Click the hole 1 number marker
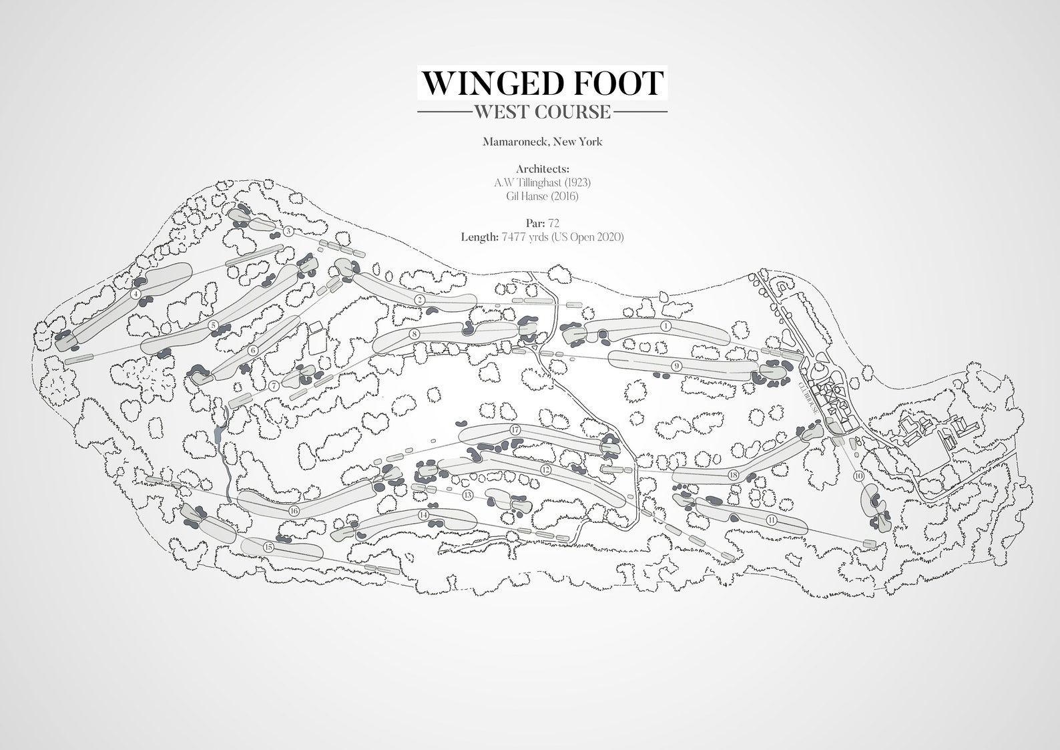tap(666, 326)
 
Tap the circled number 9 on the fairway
tap(676, 365)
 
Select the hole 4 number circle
tap(136, 293)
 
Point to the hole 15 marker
tap(268, 547)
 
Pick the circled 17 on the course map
tap(515, 430)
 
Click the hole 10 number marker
tap(858, 476)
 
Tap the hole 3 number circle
tap(288, 232)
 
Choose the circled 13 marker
tap(467, 495)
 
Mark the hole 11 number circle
tap(772, 519)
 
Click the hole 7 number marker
tap(274, 385)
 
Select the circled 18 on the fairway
tap(734, 475)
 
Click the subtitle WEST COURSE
tap(541, 112)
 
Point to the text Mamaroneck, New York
tap(542, 142)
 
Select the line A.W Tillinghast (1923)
tap(542, 182)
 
